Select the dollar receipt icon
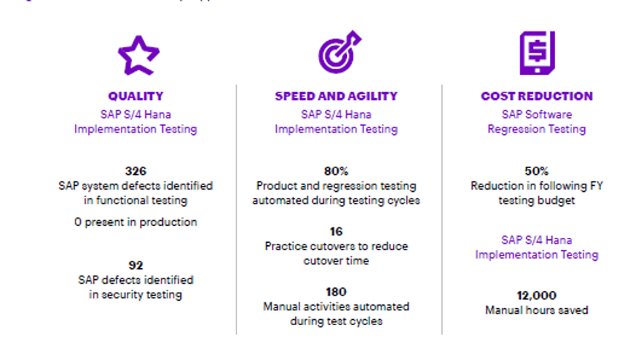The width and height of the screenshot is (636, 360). point(537,53)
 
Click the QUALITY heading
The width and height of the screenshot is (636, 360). point(136,96)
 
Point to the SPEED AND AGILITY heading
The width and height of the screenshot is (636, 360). point(336,96)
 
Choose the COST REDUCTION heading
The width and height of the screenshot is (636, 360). point(537,96)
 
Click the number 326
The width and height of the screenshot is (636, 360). point(136,170)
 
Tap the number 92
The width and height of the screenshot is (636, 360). point(136,265)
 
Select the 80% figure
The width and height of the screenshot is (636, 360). point(336,170)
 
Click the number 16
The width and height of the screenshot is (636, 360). point(336,231)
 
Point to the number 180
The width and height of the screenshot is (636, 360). point(336,292)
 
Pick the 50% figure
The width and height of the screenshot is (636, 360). point(537,170)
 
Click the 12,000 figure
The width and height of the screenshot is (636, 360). point(537,295)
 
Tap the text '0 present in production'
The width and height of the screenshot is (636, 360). point(136,222)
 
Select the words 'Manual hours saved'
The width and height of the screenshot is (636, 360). point(537,310)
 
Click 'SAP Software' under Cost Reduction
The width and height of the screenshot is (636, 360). point(537,115)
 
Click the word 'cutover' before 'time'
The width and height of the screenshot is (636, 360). point(324,261)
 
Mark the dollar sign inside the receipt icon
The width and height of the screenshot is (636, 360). point(537,50)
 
